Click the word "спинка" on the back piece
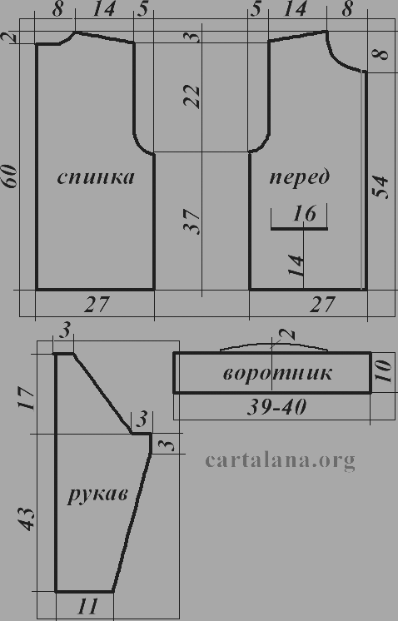coord(96,177)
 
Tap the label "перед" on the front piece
coord(300,177)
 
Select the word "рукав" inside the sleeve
coord(97,494)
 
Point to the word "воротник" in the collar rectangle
coord(277,373)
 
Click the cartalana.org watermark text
coord(280,460)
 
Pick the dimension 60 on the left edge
coord(10,176)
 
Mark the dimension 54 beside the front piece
coord(381,186)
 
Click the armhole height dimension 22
coord(192,97)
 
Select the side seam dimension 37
coord(192,221)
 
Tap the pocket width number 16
coord(304,214)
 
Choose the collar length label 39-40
coord(276,407)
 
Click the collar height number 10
coord(383,371)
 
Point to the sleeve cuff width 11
coord(87,606)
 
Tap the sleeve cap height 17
coord(27,399)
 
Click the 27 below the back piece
coord(97,305)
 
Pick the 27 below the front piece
coord(322,305)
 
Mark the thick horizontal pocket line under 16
coord(300,229)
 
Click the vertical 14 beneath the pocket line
coord(296,265)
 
